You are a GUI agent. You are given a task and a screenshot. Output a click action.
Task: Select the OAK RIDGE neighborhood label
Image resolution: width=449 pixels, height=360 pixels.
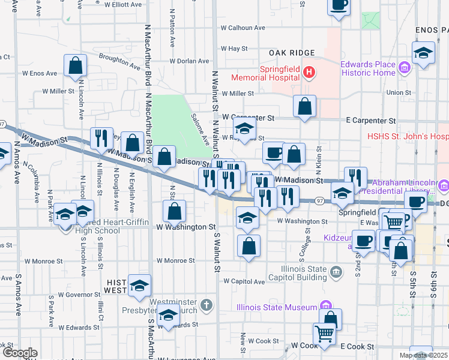click(x=292, y=53)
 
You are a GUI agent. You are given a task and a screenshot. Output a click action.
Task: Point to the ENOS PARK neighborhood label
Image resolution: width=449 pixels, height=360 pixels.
click(x=431, y=29)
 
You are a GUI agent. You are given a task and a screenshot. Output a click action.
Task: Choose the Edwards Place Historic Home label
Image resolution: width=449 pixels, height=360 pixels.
click(x=368, y=68)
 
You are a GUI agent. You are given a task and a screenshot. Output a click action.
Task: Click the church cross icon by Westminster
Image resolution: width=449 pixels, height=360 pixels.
click(x=206, y=305)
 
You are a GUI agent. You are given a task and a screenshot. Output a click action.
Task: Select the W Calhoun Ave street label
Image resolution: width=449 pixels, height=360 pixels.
click(x=243, y=28)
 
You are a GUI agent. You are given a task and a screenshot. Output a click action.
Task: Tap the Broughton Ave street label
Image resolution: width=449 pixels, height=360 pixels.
click(x=118, y=59)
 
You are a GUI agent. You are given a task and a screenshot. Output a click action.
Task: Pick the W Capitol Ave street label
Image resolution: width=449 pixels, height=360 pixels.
click(x=244, y=281)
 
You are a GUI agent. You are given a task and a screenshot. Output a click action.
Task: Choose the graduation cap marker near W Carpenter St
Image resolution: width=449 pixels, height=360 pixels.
click(x=244, y=128)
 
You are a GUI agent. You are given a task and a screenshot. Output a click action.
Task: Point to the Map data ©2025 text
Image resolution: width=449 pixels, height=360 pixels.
click(x=423, y=355)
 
